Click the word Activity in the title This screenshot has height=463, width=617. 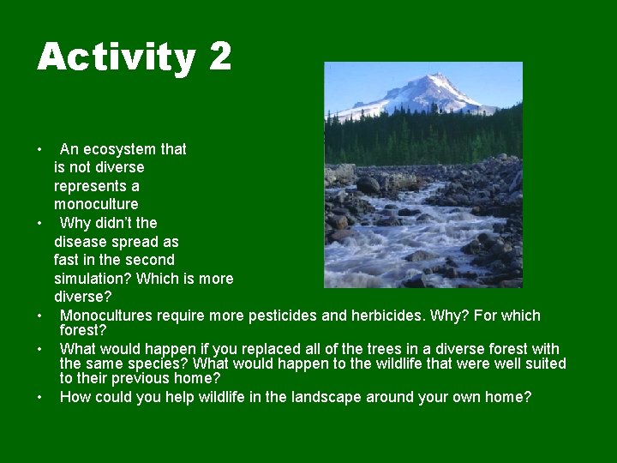(x=116, y=57)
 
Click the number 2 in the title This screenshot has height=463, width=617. (x=219, y=57)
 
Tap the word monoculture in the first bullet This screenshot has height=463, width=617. (x=96, y=204)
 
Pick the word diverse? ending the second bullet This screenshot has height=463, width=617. (x=83, y=297)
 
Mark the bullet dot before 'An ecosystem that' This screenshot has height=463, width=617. (x=40, y=150)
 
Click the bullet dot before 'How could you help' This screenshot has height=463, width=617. (x=40, y=398)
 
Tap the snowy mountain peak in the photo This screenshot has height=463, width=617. (x=434, y=87)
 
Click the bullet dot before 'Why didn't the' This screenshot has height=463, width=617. (x=40, y=224)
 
